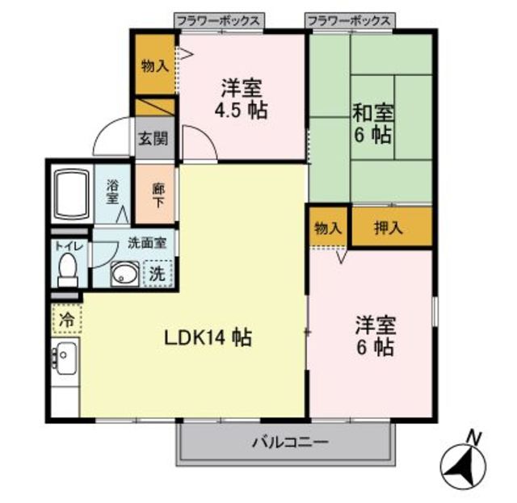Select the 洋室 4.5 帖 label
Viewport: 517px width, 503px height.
(242, 98)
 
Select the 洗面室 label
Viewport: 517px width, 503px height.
(146, 243)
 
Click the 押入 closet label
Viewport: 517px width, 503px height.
(389, 228)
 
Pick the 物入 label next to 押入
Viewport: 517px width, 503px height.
(327, 228)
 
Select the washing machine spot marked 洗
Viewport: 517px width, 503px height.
(158, 274)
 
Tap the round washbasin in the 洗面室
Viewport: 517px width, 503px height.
(124, 275)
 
